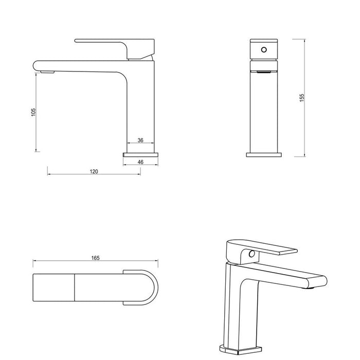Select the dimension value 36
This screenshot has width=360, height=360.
(140, 140)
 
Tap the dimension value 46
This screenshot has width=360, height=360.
(140, 161)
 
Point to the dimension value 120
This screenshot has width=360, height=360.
(94, 171)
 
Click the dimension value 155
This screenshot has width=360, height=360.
(302, 97)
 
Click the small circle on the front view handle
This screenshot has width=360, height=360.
(264, 50)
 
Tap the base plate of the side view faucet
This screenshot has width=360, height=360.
(140, 153)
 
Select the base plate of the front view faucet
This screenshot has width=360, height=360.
(264, 154)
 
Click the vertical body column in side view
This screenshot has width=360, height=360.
(140, 108)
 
